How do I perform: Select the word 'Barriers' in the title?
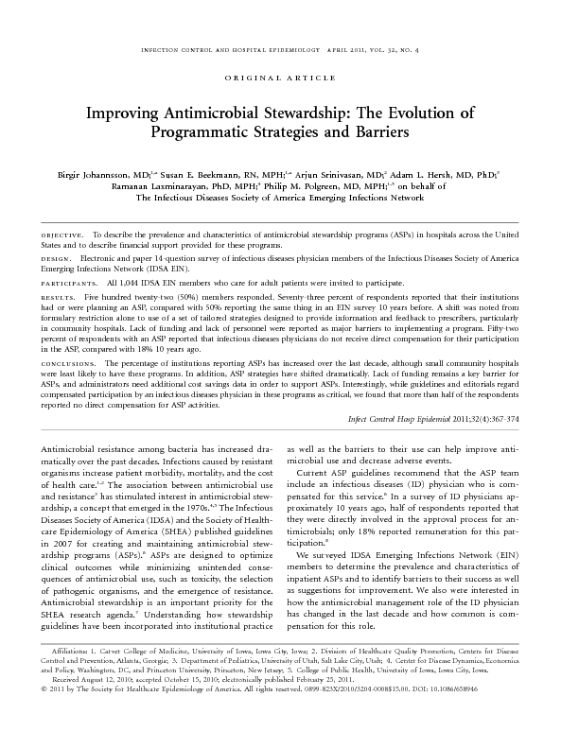click(x=374, y=133)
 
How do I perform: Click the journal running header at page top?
click(x=289, y=45)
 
